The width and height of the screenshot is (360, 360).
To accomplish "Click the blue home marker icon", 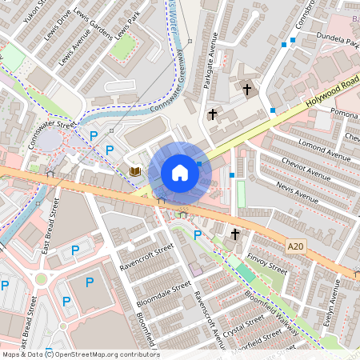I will click(180, 173).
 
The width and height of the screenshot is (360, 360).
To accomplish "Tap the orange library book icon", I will click(134, 171).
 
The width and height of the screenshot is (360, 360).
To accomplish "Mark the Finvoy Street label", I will click(267, 263).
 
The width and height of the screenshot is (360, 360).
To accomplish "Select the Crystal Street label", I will click(243, 327).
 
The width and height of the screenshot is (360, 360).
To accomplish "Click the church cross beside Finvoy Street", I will click(234, 234).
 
